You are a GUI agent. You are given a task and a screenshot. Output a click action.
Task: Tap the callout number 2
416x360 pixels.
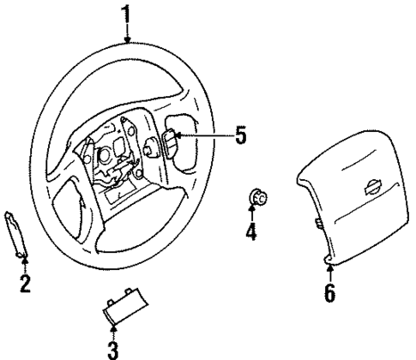24,283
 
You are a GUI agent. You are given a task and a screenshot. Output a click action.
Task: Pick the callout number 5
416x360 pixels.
240,136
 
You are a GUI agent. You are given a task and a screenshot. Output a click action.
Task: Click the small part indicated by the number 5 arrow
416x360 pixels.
171,137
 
